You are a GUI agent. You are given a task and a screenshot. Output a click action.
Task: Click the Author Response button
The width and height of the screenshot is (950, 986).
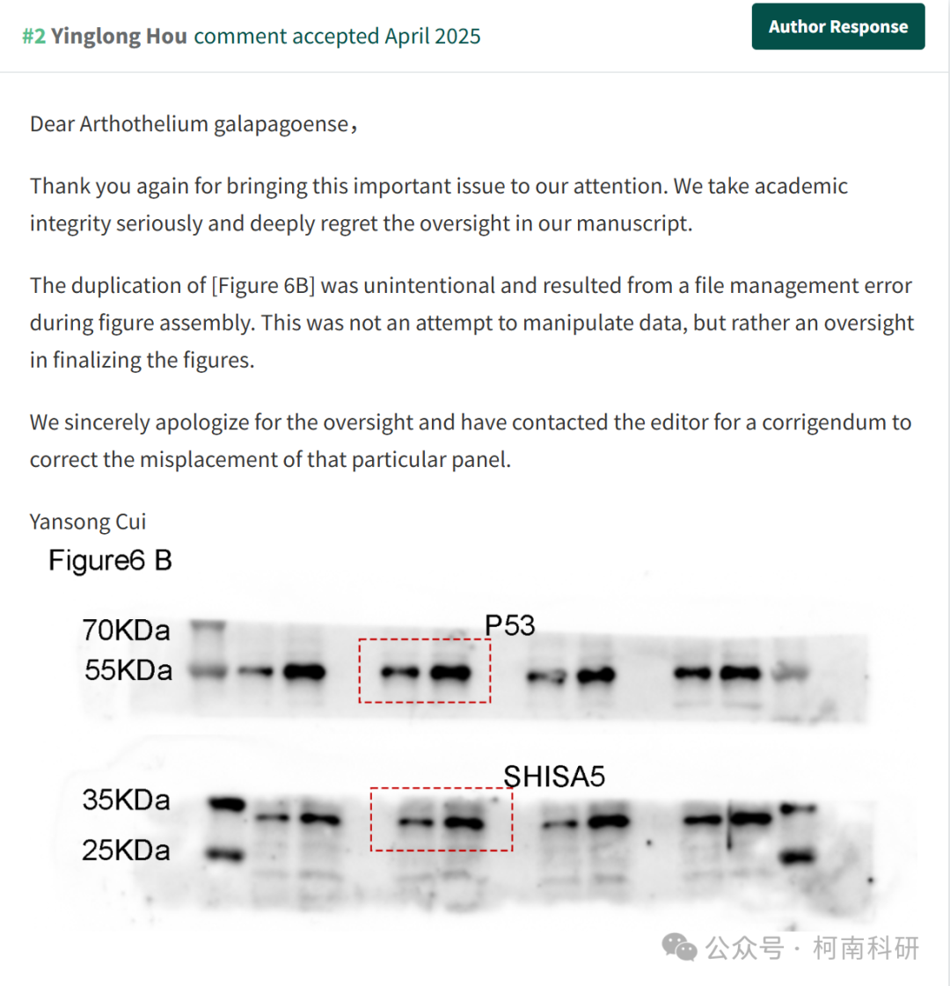point(838,26)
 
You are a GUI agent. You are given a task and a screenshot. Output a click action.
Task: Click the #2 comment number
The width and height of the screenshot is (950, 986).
point(34,36)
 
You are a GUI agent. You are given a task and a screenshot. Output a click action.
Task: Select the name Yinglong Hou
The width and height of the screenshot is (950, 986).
point(119,36)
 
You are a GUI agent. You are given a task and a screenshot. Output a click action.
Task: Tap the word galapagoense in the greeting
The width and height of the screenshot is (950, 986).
point(281,125)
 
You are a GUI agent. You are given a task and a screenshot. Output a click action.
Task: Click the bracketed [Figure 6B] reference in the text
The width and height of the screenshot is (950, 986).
point(263,286)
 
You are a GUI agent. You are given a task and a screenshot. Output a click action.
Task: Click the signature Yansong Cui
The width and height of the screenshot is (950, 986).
point(88,522)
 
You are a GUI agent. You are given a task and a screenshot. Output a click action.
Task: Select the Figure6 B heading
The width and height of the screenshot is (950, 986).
point(110,560)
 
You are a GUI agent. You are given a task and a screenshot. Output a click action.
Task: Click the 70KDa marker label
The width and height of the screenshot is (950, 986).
point(126,630)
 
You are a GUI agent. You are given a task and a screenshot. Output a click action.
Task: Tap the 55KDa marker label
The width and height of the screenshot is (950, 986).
point(128,670)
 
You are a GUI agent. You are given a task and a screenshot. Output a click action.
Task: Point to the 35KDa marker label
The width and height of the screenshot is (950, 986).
point(126,800)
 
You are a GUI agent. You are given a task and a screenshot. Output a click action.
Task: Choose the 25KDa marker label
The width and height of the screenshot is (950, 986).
point(126,851)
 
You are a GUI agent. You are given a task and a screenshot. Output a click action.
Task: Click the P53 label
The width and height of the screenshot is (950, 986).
point(510,625)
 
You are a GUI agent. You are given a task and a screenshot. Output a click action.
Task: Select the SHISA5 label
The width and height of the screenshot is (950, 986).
point(554,777)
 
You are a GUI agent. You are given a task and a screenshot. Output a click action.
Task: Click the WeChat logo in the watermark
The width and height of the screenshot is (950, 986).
point(679,947)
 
